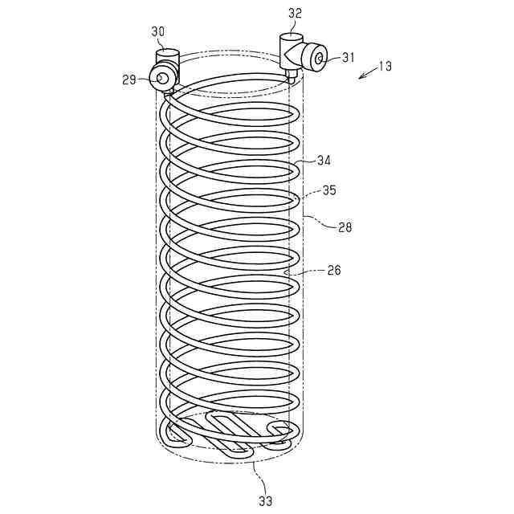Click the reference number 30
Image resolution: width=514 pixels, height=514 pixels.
tap(157, 31)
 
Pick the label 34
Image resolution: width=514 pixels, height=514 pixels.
tap(323, 161)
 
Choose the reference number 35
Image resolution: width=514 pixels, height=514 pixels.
tap(329, 191)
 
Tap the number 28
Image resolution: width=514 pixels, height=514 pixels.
tap(344, 228)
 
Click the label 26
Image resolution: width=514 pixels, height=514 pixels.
tap(333, 271)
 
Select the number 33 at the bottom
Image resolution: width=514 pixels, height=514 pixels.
tap(265, 500)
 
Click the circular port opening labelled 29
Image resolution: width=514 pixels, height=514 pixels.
tap(163, 78)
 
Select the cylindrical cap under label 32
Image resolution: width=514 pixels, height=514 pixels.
tap(290, 41)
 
